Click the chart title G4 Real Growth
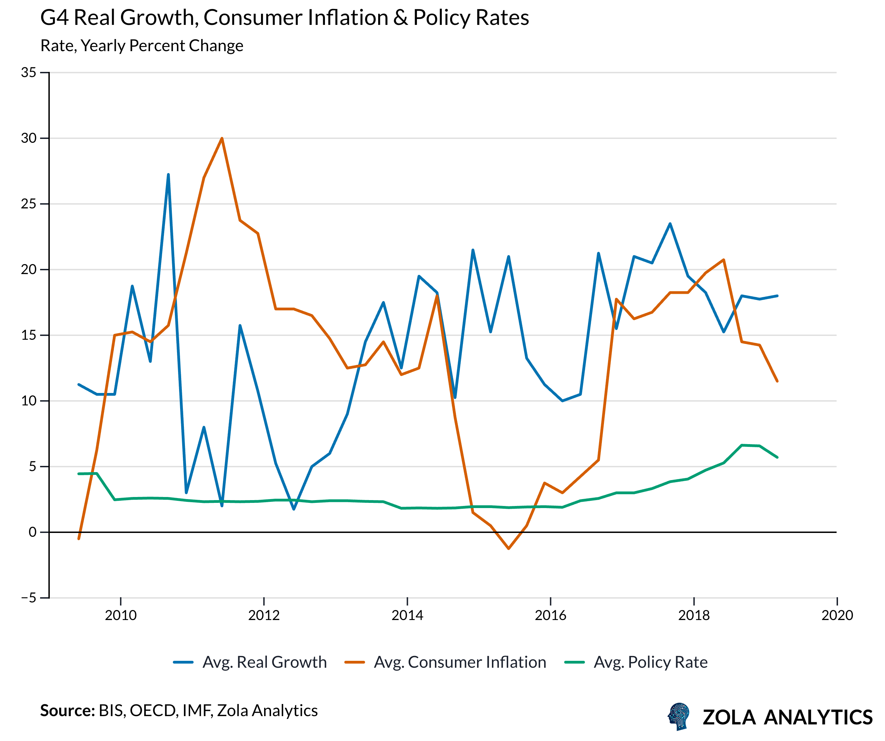285,18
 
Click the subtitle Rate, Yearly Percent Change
142,46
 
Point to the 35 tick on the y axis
29,73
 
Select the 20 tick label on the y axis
29,270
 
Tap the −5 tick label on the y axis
29,598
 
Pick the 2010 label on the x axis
121,616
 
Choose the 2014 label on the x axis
407,616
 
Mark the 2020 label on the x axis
837,616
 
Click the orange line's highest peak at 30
222,139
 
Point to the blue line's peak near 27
168,175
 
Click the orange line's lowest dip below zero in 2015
509,548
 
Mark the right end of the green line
777,457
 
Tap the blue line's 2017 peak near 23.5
670,224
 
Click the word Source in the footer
67,711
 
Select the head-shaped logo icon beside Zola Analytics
679,716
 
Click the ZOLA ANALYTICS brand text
787,717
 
